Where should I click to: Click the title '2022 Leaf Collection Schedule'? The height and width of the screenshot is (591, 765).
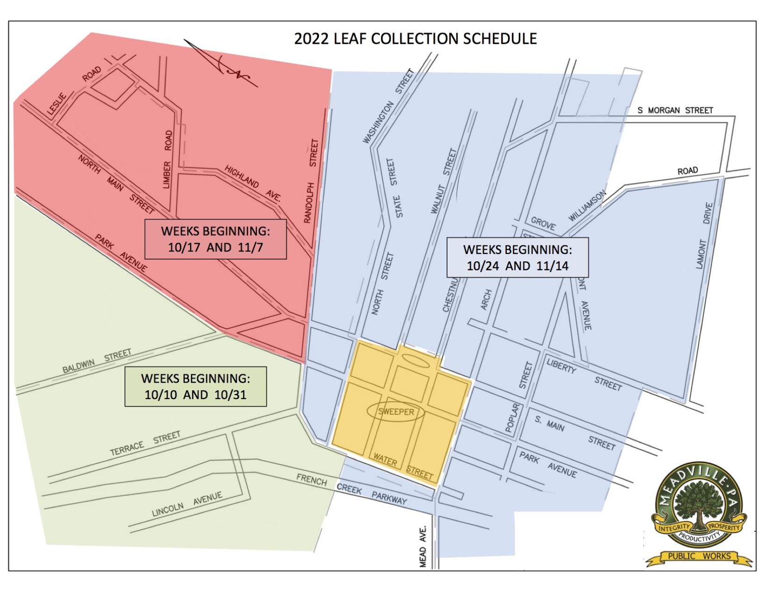tap(415, 38)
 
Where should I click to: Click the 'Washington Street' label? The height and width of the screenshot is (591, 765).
tap(389, 106)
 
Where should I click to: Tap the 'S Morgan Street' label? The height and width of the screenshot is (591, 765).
tap(675, 110)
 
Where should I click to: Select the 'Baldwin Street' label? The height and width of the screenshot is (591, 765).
tap(97, 361)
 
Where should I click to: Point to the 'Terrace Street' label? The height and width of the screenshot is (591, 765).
tap(145, 443)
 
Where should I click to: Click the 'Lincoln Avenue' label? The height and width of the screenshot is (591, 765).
tap(187, 504)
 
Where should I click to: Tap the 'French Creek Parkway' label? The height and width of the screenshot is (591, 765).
tap(352, 489)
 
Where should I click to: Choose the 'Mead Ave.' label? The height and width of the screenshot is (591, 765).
tap(423, 546)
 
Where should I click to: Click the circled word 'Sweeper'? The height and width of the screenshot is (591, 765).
tap(396, 412)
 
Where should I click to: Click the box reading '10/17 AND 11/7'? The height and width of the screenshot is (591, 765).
tap(215, 239)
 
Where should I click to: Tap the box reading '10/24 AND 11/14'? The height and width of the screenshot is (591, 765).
tap(517, 257)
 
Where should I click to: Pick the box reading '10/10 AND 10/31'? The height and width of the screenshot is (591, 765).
tap(195, 386)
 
